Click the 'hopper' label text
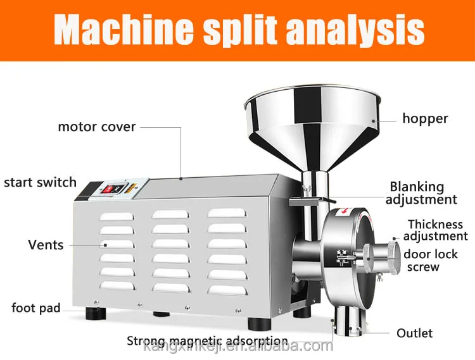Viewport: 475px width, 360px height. coord(426,118)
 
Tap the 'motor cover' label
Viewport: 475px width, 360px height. coord(96,127)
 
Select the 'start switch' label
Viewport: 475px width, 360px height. coord(40,183)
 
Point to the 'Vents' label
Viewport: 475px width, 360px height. coord(46,244)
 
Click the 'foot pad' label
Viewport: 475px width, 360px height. coord(36,308)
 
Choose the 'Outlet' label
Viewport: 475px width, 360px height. coord(414,333)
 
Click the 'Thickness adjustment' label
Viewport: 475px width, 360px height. coord(436,230)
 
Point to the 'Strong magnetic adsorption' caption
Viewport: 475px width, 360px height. coord(207,341)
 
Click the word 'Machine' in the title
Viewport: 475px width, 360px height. coord(120,30)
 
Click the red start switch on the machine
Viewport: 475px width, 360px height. coord(108,189)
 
